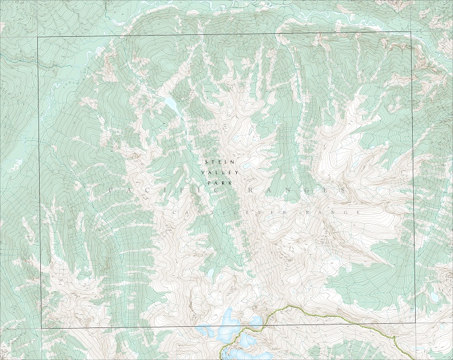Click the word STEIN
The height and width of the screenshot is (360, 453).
click(x=216, y=162)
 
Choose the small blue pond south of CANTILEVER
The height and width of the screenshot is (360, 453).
click(x=210, y=273)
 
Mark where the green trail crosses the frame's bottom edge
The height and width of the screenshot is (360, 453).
click(x=265, y=324)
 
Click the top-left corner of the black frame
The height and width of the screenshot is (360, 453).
click(x=38, y=37)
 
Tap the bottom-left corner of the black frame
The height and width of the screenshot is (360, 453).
click(x=41, y=327)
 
